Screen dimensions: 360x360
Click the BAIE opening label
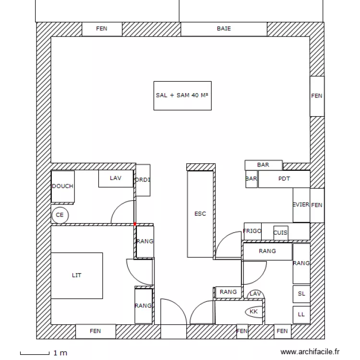[x=224, y=28]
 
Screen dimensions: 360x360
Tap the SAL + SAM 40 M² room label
[x=182, y=96]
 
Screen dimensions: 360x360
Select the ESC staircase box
[x=200, y=214]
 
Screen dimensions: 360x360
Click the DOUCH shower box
[x=63, y=186]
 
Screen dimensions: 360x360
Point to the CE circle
[x=60, y=215]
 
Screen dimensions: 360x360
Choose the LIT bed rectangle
[x=77, y=276]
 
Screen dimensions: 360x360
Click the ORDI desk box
[x=143, y=180]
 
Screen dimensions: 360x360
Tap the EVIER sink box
[x=301, y=205]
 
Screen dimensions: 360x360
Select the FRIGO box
[x=252, y=231]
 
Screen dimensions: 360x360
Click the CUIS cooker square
[x=281, y=233]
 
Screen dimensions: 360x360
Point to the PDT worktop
[x=284, y=179]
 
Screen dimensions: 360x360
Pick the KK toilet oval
[x=254, y=312]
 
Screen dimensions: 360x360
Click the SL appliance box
[x=301, y=294]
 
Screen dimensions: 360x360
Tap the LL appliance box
[x=301, y=314]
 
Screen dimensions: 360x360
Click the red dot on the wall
[x=135, y=224]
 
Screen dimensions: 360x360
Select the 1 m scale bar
[x=35, y=353]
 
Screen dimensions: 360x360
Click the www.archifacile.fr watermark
[x=310, y=352]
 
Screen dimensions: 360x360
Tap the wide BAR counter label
[x=263, y=165]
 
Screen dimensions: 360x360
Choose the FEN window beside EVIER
[x=317, y=205]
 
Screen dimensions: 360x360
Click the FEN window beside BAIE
[x=102, y=29]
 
